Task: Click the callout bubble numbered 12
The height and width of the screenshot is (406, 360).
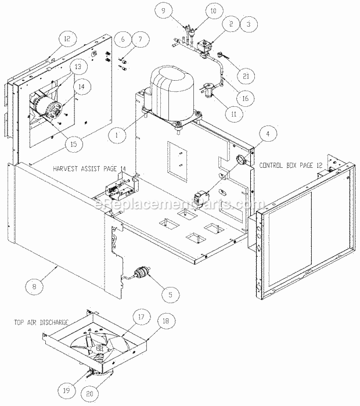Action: pyautogui.click(x=67, y=39)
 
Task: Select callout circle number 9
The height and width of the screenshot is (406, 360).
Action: pyautogui.click(x=163, y=10)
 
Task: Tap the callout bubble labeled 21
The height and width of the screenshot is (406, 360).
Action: pyautogui.click(x=246, y=76)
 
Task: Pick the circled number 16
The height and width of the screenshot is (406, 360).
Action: pyautogui.click(x=246, y=98)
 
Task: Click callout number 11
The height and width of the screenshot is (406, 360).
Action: pyautogui.click(x=234, y=114)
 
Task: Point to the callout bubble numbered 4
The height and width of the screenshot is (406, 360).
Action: pyautogui.click(x=268, y=134)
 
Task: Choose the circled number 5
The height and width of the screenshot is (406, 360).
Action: pyautogui.click(x=170, y=294)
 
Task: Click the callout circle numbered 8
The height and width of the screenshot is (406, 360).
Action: pyautogui.click(x=34, y=286)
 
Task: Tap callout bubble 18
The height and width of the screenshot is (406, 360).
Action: pyautogui.click(x=165, y=321)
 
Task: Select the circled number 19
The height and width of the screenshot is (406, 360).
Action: pyautogui.click(x=67, y=390)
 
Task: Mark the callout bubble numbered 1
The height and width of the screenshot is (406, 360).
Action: pyautogui.click(x=117, y=135)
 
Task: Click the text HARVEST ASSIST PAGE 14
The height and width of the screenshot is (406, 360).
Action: pyautogui.click(x=89, y=168)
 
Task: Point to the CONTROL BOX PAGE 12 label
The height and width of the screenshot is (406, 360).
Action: pyautogui.click(x=291, y=165)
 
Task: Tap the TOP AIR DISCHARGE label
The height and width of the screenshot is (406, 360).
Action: pyautogui.click(x=41, y=322)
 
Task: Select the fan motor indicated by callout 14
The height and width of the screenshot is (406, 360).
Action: pyautogui.click(x=46, y=106)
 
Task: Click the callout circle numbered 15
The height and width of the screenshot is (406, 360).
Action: pyautogui.click(x=74, y=143)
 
